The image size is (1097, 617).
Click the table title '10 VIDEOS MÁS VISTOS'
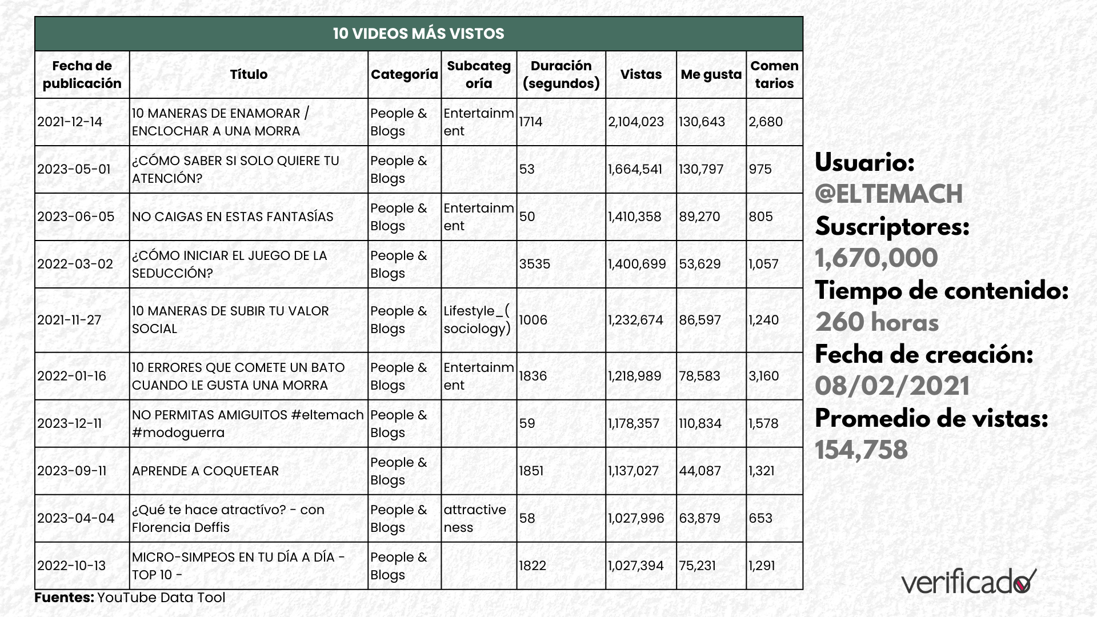418,34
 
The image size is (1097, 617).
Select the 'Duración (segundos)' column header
560,74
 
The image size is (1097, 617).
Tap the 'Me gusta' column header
711,74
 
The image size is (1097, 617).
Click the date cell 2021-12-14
70,122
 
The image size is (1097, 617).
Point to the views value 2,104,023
636,122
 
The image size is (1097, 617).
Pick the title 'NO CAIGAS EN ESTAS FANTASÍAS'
233,217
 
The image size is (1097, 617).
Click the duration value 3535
534,264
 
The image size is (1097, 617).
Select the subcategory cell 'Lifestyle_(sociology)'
477,320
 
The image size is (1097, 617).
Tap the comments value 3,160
764,376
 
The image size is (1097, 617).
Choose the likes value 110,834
700,423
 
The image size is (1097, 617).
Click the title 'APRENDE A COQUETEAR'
205,471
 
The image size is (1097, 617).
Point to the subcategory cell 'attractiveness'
475,518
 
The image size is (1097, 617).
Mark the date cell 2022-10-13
71,566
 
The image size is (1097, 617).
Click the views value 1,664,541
635,169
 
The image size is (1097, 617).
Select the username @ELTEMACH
888,194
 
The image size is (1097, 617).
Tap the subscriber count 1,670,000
876,258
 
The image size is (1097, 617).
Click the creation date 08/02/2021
892,386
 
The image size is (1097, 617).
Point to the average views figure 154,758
861,450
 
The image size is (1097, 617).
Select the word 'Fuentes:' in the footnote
64,598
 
